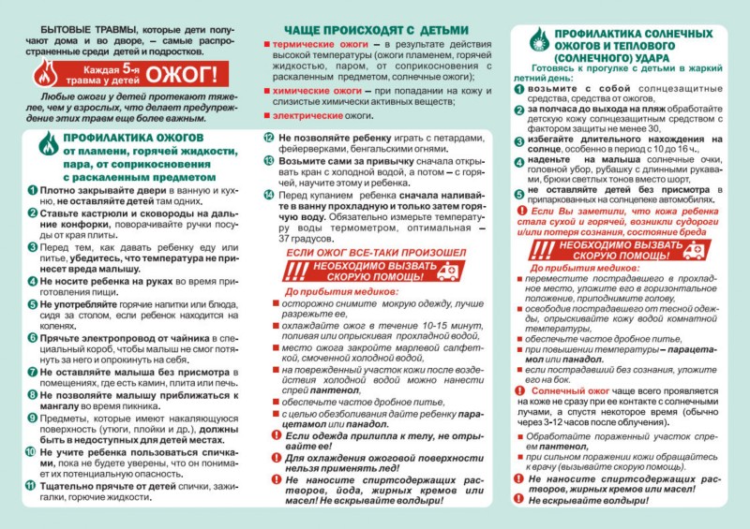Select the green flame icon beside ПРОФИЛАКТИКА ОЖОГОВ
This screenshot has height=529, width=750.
45,146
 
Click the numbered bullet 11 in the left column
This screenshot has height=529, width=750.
32,485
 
